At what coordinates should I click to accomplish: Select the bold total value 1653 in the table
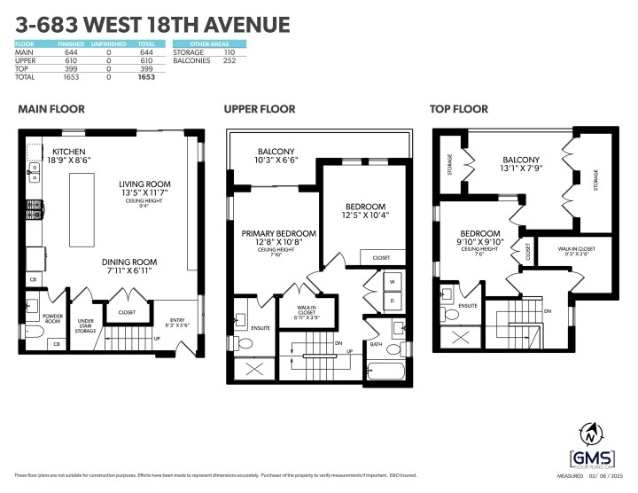[146, 78]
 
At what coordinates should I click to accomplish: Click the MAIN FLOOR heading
[51, 109]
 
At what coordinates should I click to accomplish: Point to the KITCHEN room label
[68, 152]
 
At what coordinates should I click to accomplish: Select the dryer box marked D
[390, 300]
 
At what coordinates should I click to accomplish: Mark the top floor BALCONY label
[516, 161]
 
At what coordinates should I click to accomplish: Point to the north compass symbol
[592, 435]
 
